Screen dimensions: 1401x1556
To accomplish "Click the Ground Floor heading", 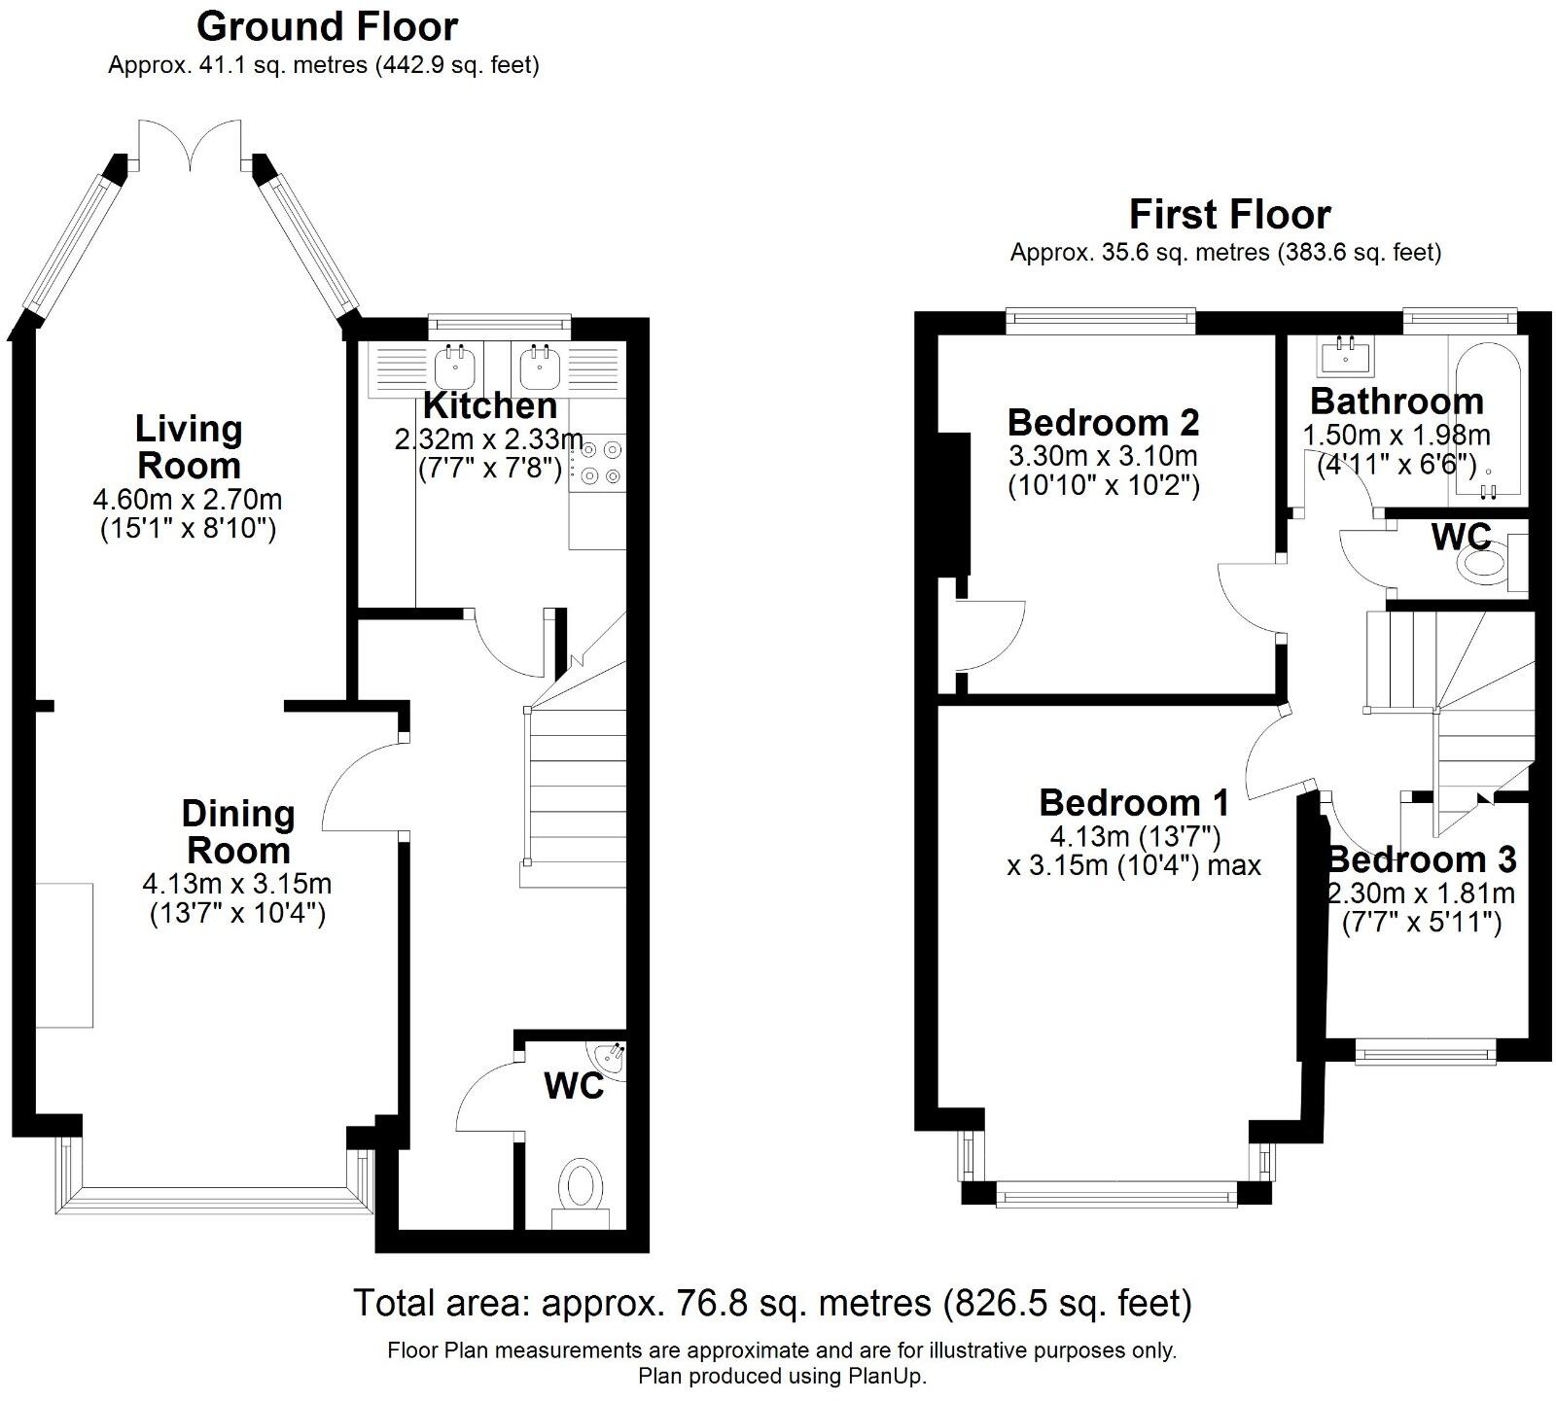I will coord(327,27).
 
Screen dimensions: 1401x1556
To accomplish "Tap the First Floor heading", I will coord(1229,214).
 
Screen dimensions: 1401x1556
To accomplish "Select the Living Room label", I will coord(189,446).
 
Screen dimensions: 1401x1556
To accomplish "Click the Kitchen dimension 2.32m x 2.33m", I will coord(488,440).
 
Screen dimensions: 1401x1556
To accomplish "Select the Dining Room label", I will coord(238,831).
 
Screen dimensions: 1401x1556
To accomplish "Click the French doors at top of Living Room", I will coord(190,144).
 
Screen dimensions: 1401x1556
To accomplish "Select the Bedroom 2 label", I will coord(1103,423).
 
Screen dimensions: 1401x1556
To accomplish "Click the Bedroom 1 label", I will coord(1134,803).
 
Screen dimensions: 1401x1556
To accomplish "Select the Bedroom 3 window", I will coord(1425,1050).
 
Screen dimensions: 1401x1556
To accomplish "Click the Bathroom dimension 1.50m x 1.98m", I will coord(1397,436).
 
